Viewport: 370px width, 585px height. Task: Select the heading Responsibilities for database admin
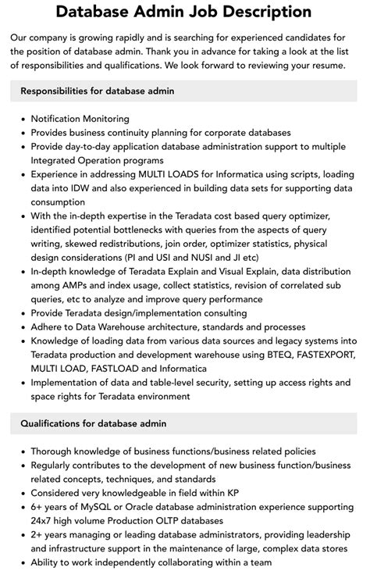pyautogui.click(x=97, y=91)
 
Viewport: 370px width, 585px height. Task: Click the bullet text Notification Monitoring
pyautogui.click(x=80, y=119)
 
